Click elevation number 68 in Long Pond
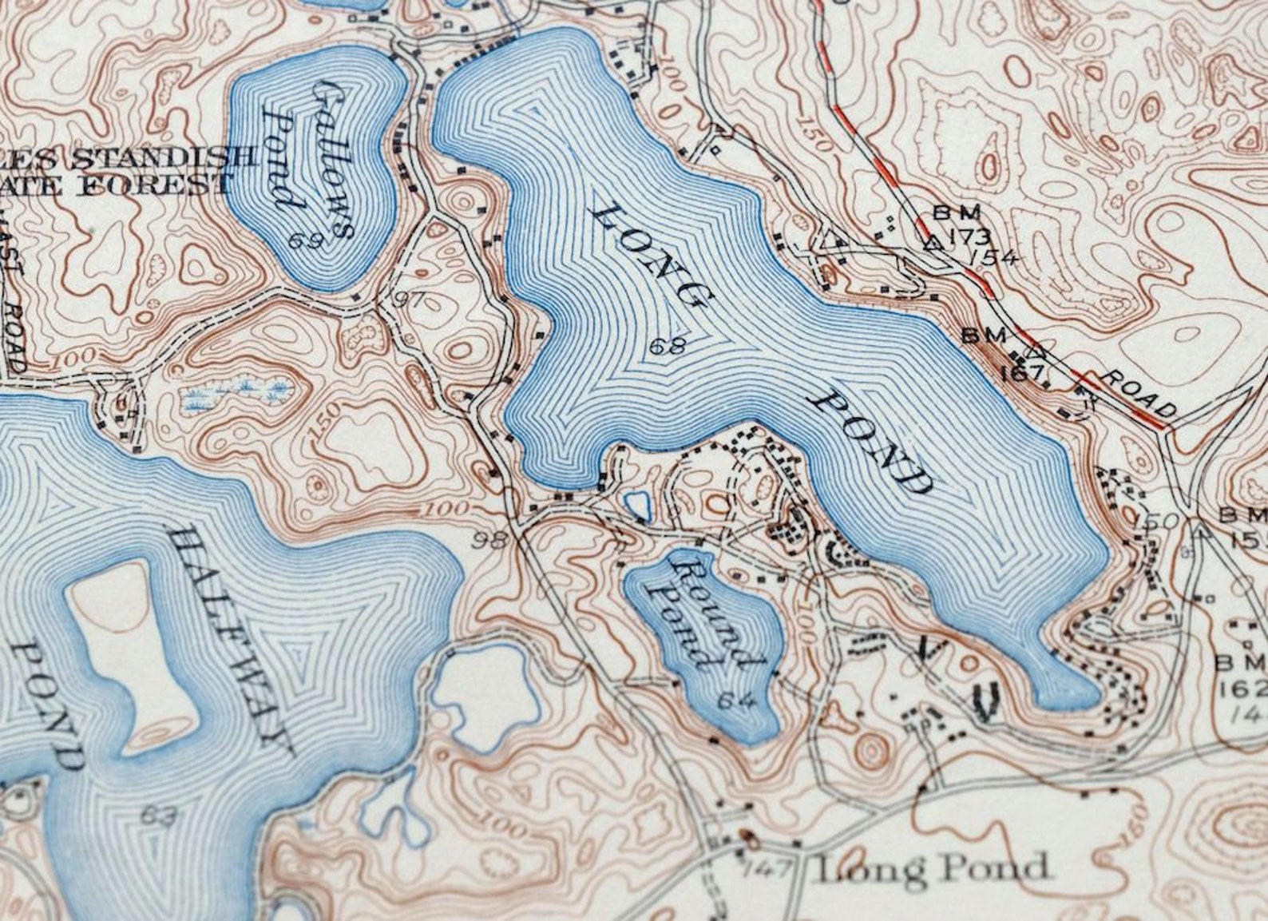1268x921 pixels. pyautogui.click(x=668, y=347)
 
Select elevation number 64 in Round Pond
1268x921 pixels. pyautogui.click(x=735, y=701)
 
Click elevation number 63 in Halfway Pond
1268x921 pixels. pyautogui.click(x=158, y=816)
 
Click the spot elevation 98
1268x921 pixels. pyautogui.click(x=489, y=541)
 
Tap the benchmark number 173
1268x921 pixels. pyautogui.click(x=970, y=236)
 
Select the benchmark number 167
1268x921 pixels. pyautogui.click(x=1027, y=371)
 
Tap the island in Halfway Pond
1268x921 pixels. pyautogui.click(x=132, y=647)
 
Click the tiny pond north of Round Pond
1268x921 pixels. pyautogui.click(x=636, y=505)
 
